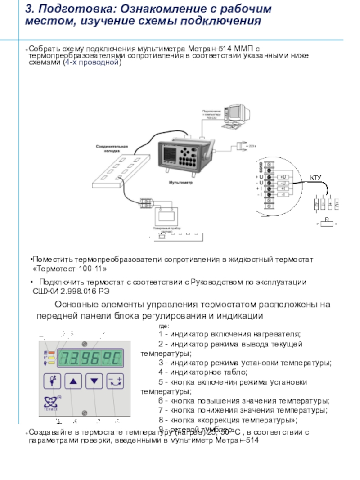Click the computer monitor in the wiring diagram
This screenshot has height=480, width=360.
pyautogui.click(x=235, y=114)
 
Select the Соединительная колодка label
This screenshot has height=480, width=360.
pyautogui.click(x=112, y=148)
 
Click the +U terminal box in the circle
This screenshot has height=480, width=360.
pyautogui.click(x=283, y=177)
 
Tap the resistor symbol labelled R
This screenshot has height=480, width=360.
pyautogui.click(x=327, y=224)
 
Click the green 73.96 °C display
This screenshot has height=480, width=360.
pyautogui.click(x=90, y=359)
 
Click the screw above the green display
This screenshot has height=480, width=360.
pyautogui.click(x=84, y=344)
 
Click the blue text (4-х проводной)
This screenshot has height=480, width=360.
pyautogui.click(x=93, y=63)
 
